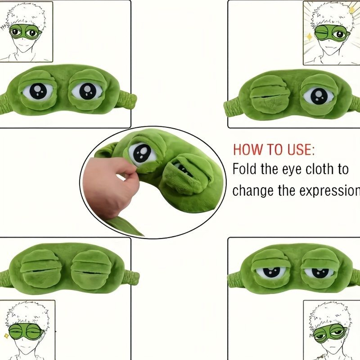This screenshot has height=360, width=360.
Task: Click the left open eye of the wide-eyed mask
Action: (37, 91)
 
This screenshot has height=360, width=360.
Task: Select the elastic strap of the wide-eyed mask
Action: (129, 98)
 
